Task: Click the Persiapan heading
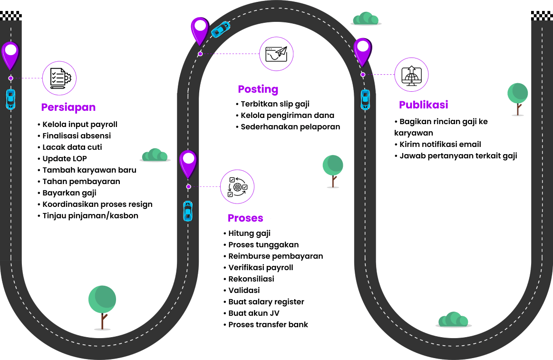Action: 68,107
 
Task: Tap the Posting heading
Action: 258,89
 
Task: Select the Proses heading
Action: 245,218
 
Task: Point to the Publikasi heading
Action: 423,105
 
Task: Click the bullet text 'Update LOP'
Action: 65,158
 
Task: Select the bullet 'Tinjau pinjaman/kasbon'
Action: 90,215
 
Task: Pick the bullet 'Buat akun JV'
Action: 253,313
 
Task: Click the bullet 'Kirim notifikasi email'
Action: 440,144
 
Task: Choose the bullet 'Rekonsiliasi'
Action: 251,279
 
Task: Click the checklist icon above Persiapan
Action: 59,78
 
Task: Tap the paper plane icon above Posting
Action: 276,54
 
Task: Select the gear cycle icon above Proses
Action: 237,187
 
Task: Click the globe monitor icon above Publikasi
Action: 412,75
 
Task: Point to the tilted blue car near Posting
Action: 221,29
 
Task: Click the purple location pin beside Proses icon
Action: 188,163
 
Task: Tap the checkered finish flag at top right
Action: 542,16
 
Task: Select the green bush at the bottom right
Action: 453,320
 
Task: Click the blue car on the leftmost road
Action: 10,99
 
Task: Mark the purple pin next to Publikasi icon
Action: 363,51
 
